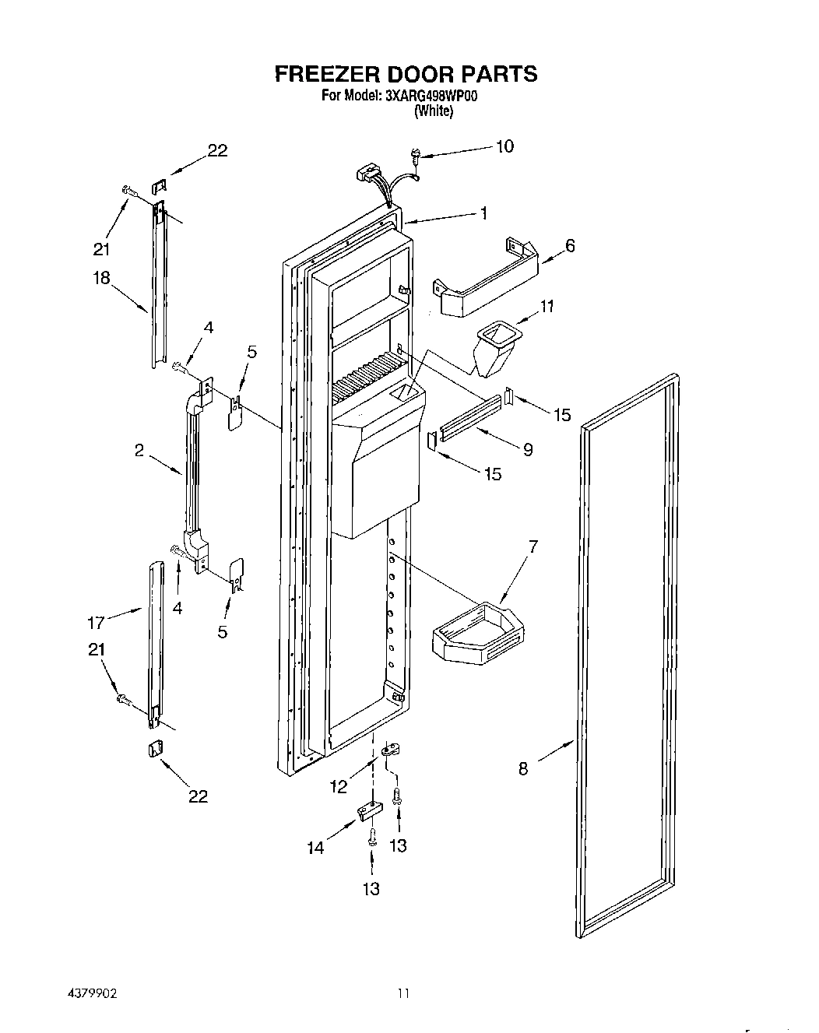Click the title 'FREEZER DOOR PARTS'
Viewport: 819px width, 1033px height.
[406, 74]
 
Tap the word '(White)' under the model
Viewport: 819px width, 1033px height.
[434, 111]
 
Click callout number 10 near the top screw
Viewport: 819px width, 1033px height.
[504, 146]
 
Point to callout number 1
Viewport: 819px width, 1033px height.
[483, 213]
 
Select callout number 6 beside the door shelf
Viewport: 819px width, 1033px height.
[570, 246]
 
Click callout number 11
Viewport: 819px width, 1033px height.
[547, 306]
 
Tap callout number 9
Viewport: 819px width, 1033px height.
[528, 449]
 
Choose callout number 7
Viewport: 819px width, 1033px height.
[533, 547]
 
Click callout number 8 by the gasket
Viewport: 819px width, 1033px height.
[523, 769]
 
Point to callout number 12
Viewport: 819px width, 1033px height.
[339, 787]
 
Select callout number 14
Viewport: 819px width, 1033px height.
[315, 848]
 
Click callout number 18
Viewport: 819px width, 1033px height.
[101, 279]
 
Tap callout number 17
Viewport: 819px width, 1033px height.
[96, 623]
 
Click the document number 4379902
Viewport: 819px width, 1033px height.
[90, 994]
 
